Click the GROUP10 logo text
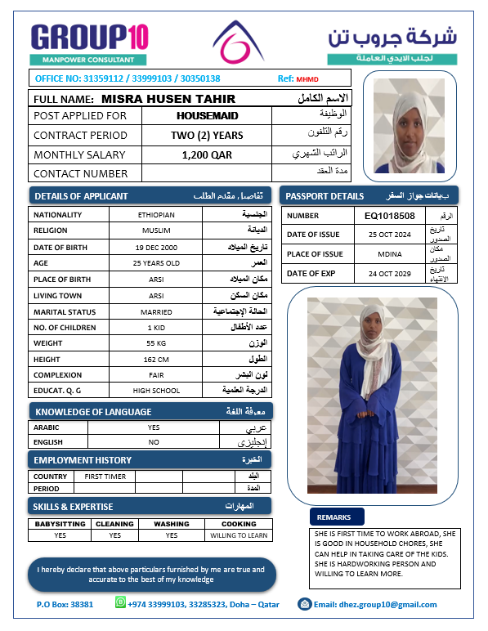click(89, 38)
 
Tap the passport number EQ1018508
click(390, 216)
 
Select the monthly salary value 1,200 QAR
click(207, 154)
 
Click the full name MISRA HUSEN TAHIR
click(168, 99)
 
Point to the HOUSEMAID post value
click(207, 116)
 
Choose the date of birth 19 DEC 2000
click(156, 247)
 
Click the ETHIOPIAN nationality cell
click(156, 214)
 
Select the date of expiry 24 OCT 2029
click(390, 274)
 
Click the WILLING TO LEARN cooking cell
click(239, 535)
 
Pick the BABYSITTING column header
click(60, 524)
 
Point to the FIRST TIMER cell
click(105, 476)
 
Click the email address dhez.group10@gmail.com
click(375, 605)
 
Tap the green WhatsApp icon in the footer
click(121, 603)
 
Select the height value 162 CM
click(156, 360)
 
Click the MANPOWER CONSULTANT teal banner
click(89, 60)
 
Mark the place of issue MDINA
click(390, 254)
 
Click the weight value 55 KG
click(156, 343)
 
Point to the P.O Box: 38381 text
click(65, 605)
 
